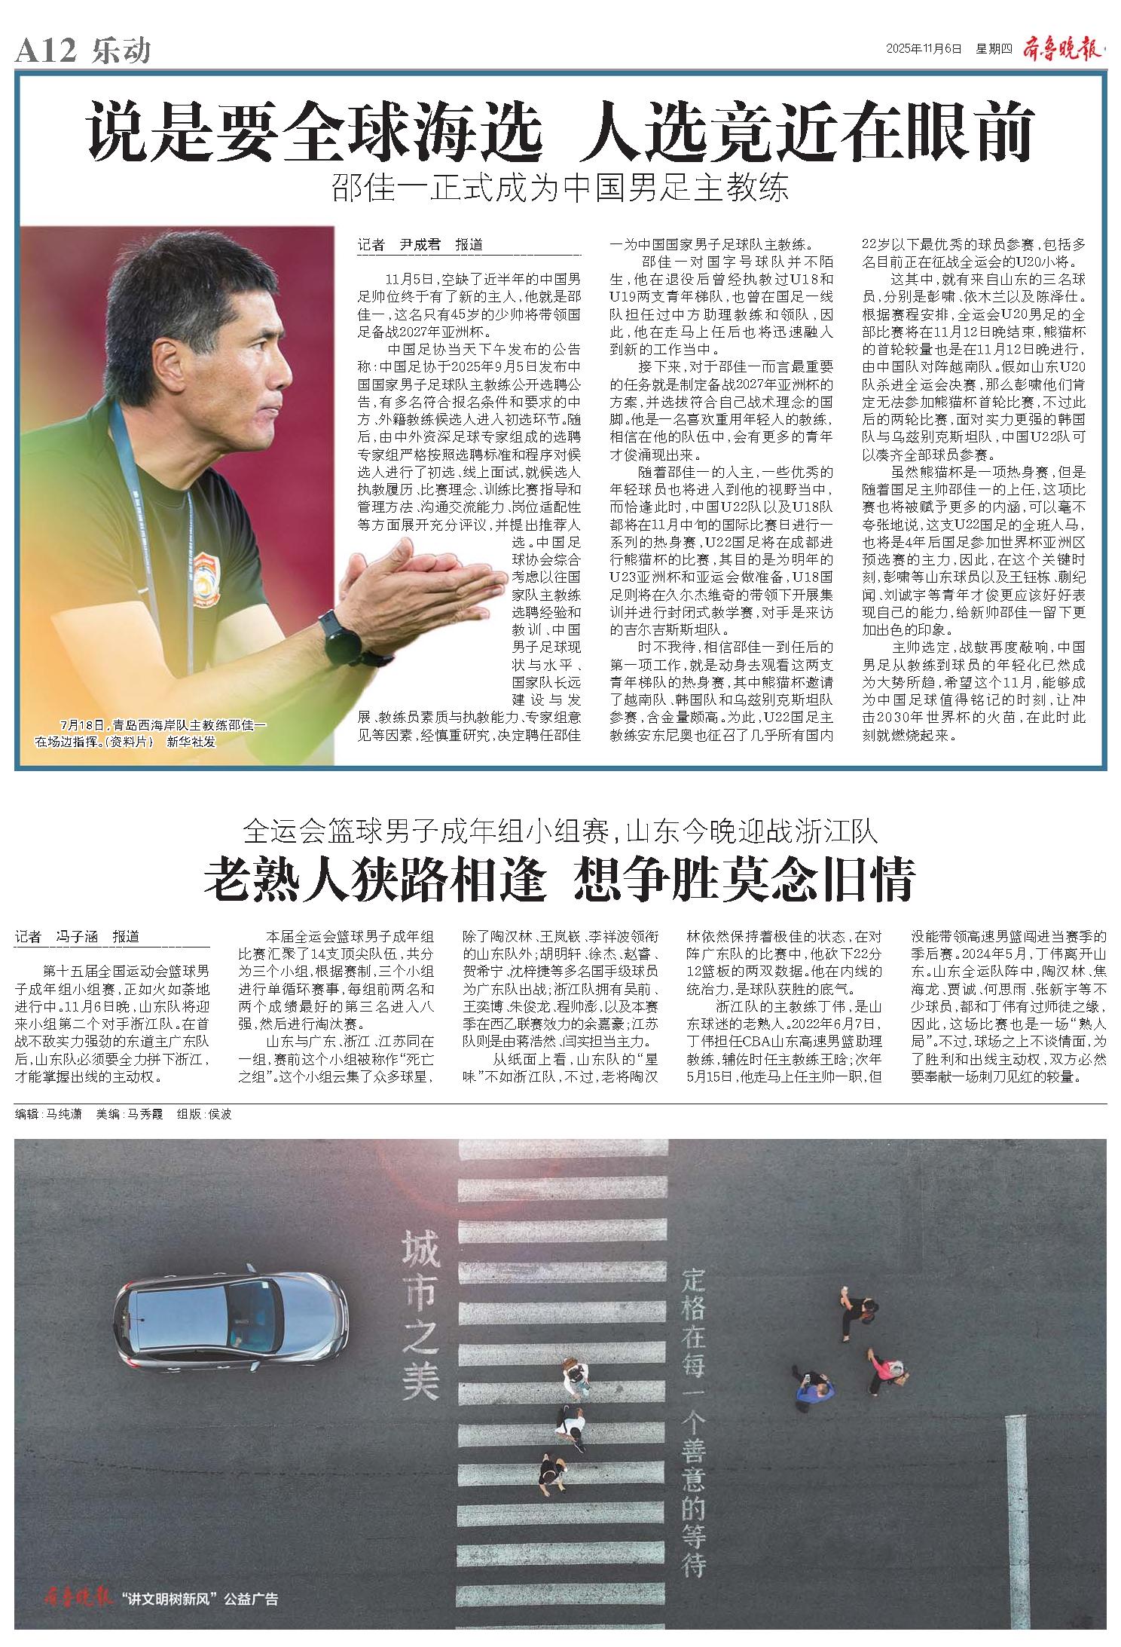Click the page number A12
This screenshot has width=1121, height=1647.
[x=46, y=51]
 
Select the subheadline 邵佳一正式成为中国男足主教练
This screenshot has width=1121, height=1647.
[x=560, y=188]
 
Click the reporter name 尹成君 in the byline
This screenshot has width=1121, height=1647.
[x=420, y=245]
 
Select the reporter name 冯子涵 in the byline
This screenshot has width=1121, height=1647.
[x=78, y=937]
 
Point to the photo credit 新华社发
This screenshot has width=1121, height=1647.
[x=191, y=742]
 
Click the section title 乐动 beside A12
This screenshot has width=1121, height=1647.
[x=121, y=51]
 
